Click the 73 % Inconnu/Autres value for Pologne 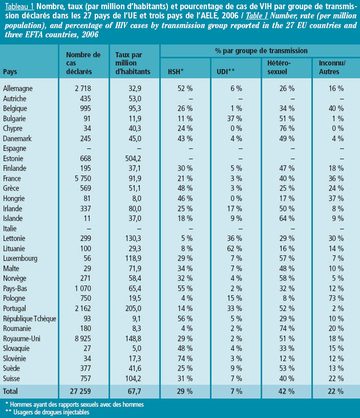click(335, 298)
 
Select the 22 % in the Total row click(335, 391)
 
